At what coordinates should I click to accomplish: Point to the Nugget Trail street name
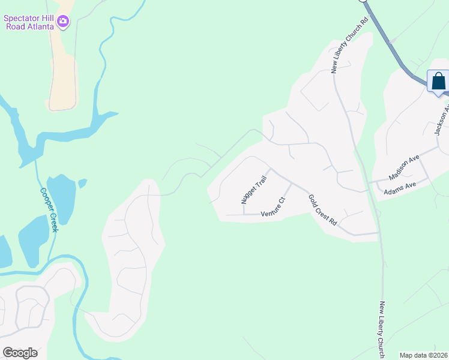tap(253, 190)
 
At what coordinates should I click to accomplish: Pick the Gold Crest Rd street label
tap(322, 209)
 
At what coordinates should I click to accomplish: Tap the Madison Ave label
tap(403, 168)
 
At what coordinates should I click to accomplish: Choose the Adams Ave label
tap(399, 185)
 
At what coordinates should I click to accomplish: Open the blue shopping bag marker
tap(438, 81)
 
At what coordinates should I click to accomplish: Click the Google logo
tap(20, 352)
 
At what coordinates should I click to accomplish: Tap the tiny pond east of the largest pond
tap(82, 182)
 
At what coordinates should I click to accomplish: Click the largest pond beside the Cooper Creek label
tap(61, 198)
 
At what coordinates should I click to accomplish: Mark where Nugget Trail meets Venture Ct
tap(244, 214)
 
